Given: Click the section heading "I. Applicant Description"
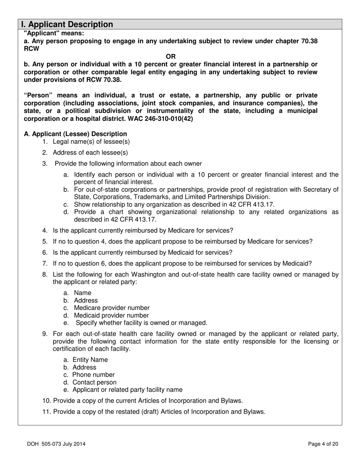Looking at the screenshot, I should (x=67, y=25).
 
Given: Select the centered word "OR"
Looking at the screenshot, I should (x=171, y=56).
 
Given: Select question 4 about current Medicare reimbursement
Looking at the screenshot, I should (x=143, y=230).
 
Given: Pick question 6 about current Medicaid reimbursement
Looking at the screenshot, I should (x=142, y=252).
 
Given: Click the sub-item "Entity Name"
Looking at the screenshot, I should (x=90, y=360).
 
